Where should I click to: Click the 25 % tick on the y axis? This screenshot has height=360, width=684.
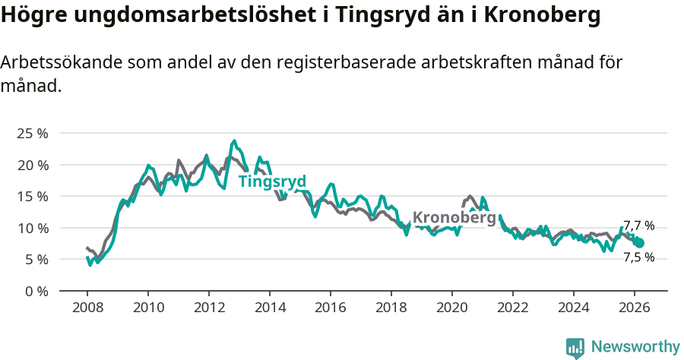(32, 134)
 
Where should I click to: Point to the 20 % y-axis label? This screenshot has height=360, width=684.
(32, 165)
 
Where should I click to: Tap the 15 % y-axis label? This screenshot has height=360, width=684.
(32, 196)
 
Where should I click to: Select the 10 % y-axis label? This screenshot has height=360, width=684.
(32, 228)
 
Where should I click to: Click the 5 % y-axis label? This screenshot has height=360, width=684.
(35, 259)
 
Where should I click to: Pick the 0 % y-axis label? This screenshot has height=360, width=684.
(35, 291)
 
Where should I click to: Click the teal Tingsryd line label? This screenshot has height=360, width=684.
(272, 182)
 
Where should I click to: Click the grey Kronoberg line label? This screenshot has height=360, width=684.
(454, 218)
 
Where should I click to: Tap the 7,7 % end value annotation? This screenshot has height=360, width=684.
(638, 226)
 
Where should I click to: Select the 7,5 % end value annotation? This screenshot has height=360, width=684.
(638, 257)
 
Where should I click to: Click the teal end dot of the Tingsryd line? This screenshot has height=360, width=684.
(639, 243)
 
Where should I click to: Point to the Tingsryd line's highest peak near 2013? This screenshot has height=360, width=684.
(234, 141)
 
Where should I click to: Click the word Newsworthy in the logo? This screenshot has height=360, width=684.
(635, 347)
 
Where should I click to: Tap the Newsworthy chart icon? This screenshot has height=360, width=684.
(575, 348)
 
